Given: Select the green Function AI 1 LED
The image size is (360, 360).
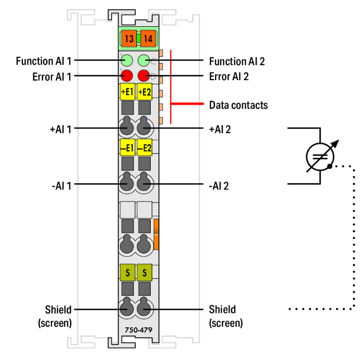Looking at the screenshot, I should coord(127,61).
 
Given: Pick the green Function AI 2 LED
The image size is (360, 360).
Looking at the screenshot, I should coord(144,61).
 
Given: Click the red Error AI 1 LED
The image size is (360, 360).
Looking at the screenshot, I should coord(127,75).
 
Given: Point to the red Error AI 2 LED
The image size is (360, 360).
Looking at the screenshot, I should coord(144,75).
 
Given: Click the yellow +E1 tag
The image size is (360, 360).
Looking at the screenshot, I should coord(127,91).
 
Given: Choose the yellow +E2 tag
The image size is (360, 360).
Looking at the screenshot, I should coord(144,91).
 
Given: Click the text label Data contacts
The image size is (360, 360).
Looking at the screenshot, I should coord(239,104).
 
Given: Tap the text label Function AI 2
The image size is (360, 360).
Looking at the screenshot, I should coord(237,61).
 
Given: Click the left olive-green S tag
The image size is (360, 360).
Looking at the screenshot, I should coord(127,273).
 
